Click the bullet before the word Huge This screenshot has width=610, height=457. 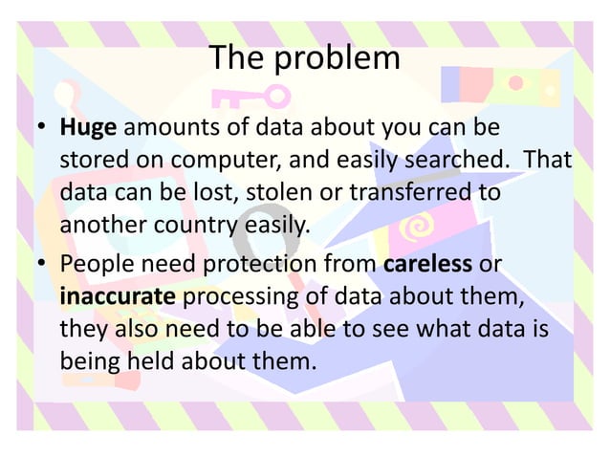click(42, 128)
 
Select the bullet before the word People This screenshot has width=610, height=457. click(42, 263)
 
